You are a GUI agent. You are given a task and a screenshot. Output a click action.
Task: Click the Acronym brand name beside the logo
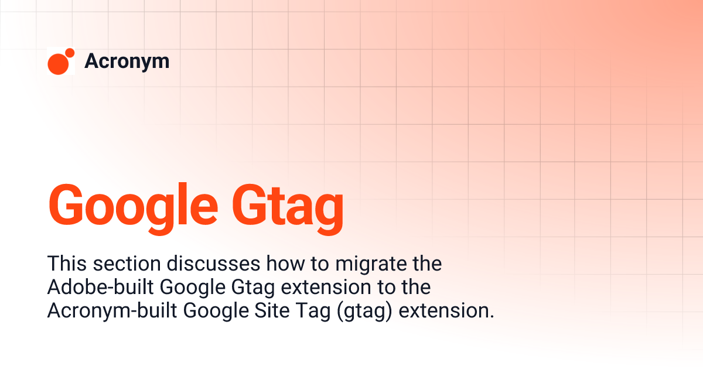(127, 61)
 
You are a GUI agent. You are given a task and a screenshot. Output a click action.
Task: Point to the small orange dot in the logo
(70, 53)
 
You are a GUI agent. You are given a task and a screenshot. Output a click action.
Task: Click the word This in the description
(64, 264)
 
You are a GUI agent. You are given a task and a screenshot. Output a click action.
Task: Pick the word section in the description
(117, 264)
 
